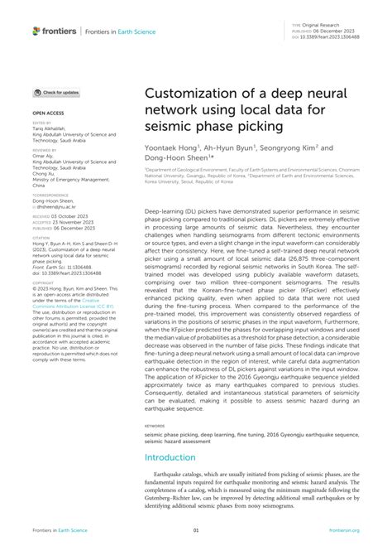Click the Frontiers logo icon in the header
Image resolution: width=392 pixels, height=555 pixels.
[x=36, y=31]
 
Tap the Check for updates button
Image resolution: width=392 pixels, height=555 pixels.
[x=56, y=92]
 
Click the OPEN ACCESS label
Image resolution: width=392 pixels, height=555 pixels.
[x=49, y=110]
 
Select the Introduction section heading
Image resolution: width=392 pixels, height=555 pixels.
[x=170, y=456]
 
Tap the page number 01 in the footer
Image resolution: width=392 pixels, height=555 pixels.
[x=196, y=531]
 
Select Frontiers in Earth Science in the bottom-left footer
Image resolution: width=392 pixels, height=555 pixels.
[x=60, y=531]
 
